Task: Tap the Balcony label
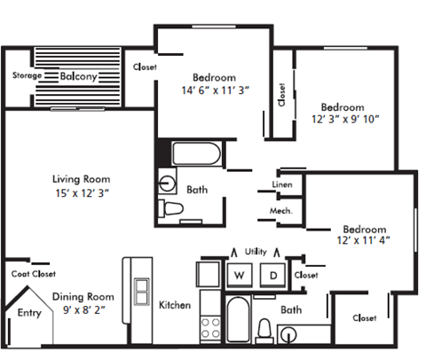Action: [78, 76]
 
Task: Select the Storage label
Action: [26, 76]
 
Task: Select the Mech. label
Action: [281, 211]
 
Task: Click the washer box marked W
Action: [239, 276]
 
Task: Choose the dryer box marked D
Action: [273, 276]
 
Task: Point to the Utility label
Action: [256, 253]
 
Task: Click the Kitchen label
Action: [175, 305]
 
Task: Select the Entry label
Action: [29, 311]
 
